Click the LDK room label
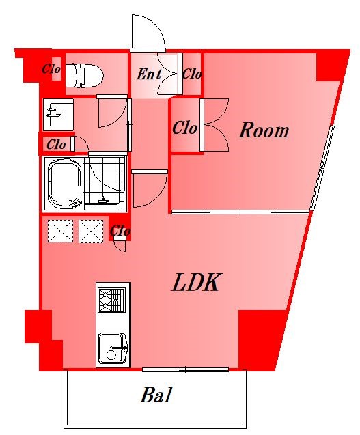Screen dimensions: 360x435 tap(195, 282)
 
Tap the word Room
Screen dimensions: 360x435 tap(264, 130)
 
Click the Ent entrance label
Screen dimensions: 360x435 tap(149, 74)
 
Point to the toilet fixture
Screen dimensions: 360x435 tap(84, 75)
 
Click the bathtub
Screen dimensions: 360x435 tap(65, 184)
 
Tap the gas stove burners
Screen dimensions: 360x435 tap(111, 300)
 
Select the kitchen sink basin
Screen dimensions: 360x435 tap(113, 348)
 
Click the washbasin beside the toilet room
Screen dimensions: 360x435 tap(59, 115)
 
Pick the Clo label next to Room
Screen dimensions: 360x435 tap(185, 128)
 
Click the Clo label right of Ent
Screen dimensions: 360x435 tap(192, 74)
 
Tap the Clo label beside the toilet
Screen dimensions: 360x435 tap(51, 69)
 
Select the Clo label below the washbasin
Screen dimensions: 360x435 tap(56, 145)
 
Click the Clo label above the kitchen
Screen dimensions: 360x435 tap(120, 231)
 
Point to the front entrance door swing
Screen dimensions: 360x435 tap(148, 32)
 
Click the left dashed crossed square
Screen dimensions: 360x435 tap(61, 231)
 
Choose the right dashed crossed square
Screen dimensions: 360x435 tap(91, 231)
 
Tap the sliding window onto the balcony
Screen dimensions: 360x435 tap(185, 369)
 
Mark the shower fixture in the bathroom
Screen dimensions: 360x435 tap(102, 201)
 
